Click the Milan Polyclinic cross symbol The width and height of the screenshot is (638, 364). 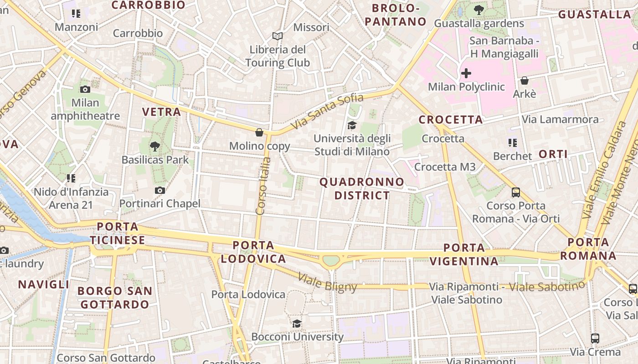(466, 73)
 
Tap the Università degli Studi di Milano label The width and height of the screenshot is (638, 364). (352, 145)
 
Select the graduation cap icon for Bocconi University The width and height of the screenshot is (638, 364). (297, 324)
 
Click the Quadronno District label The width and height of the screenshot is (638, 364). (362, 189)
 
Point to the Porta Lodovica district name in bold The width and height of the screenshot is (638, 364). (253, 252)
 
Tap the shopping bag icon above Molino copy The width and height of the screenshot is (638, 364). (259, 132)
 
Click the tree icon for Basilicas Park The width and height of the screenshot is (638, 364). (155, 146)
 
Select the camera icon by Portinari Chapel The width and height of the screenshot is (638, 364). (159, 190)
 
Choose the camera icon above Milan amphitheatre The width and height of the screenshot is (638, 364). (85, 89)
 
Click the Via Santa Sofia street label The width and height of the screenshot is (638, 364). (328, 111)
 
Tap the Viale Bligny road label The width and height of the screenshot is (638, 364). (328, 282)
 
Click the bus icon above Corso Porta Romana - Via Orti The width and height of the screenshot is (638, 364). (516, 192)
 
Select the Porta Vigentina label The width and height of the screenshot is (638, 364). (464, 254)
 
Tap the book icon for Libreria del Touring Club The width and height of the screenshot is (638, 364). (278, 36)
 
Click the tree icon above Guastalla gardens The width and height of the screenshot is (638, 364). (478, 10)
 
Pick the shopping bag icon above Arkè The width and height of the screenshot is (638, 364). (525, 81)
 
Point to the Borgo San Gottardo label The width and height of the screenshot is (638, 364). (114, 298)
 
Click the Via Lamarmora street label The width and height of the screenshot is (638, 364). (560, 119)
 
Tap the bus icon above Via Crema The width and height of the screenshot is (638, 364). (595, 338)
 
